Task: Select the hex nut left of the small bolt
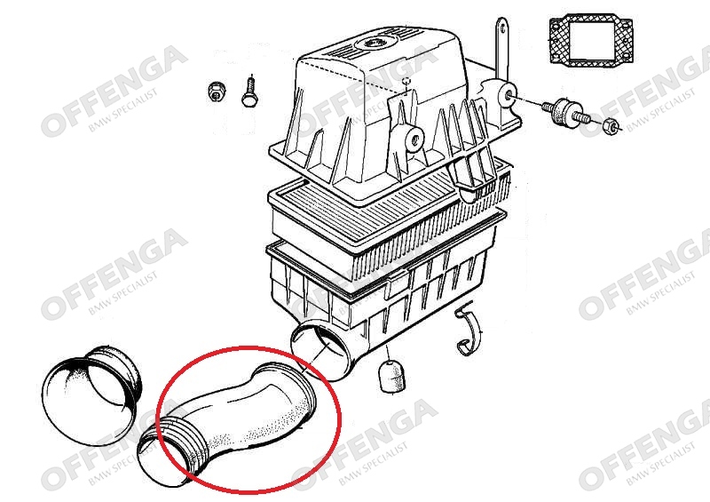click(214, 92)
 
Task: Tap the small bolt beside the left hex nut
click(249, 92)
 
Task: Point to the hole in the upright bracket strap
click(501, 28)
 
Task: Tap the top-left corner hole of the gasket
click(554, 23)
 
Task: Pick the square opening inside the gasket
click(592, 41)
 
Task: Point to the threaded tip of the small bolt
click(250, 78)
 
